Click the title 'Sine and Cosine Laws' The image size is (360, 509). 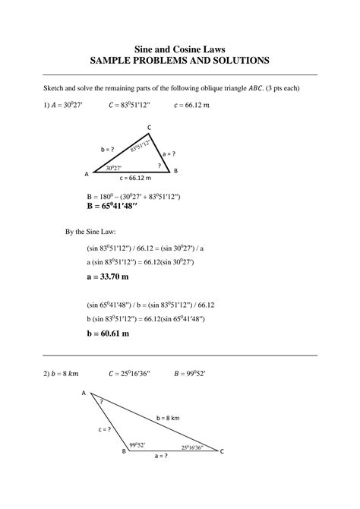(179, 47)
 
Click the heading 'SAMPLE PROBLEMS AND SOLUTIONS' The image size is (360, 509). (179, 59)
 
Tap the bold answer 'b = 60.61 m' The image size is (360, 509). (108, 333)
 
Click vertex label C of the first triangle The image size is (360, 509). (149, 127)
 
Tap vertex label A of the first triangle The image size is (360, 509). (86, 174)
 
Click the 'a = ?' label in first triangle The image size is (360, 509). (169, 153)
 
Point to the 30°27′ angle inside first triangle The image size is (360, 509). (114, 167)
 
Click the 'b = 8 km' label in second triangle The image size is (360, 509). (168, 418)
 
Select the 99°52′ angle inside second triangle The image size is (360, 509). (137, 444)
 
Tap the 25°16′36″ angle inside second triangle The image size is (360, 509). (192, 447)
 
